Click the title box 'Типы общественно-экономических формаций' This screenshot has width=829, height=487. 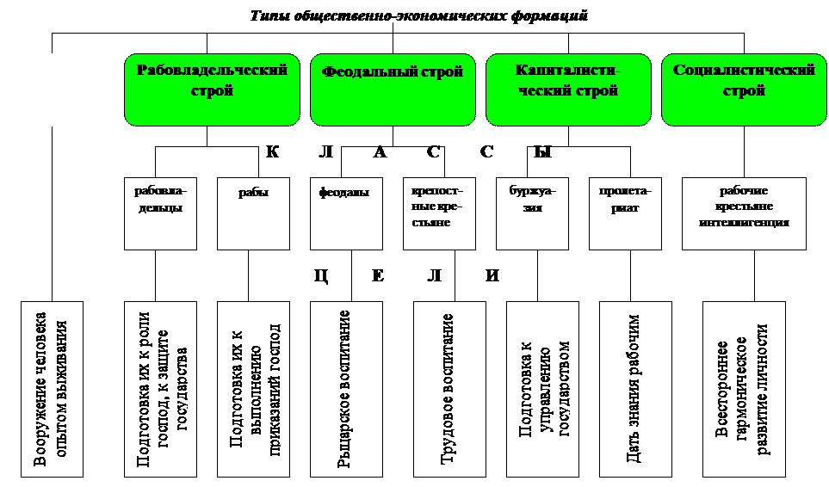(418, 17)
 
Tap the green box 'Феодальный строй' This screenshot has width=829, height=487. (393, 89)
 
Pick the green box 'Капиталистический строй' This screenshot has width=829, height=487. (568, 89)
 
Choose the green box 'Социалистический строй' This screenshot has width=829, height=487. (744, 89)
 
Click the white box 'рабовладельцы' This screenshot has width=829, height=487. (160, 213)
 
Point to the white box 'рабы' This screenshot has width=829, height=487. (253, 213)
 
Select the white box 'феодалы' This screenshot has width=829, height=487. (346, 213)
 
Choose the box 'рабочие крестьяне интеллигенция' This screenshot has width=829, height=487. (744, 213)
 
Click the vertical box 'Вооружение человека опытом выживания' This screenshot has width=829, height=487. (53, 389)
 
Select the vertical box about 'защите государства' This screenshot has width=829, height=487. (160, 389)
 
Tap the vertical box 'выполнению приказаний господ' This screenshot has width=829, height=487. (253, 389)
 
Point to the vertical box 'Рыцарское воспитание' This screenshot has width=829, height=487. (346, 389)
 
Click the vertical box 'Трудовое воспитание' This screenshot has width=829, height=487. (449, 389)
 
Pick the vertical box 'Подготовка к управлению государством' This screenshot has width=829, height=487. (542, 389)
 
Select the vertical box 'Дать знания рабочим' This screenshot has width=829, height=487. (635, 389)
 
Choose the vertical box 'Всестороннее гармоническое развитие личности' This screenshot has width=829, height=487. (744, 389)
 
